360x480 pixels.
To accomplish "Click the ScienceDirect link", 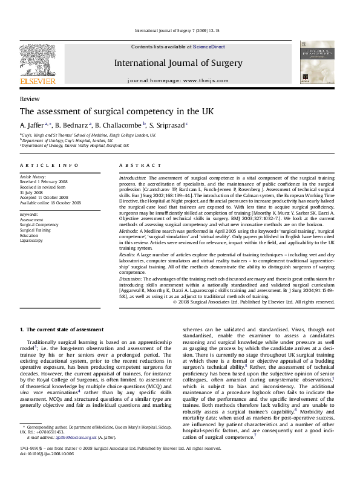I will [209, 47].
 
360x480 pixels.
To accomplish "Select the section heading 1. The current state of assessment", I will [61, 329].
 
